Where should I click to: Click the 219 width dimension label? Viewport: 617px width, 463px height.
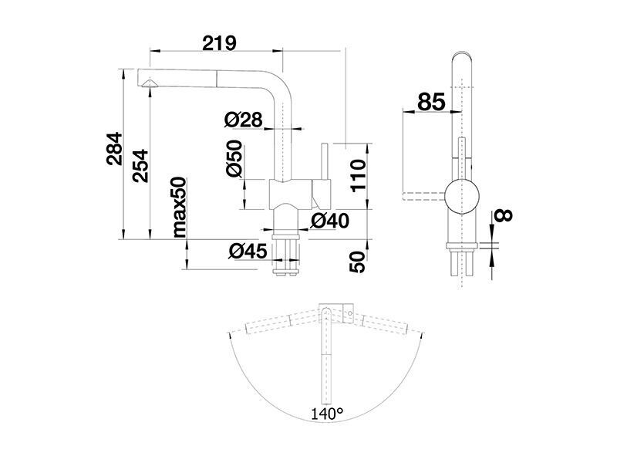pos(220,43)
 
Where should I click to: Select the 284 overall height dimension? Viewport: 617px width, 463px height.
pos(114,148)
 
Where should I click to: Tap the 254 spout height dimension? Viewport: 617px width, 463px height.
pos(140,165)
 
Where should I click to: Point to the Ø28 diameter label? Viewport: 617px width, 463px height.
pos(243,120)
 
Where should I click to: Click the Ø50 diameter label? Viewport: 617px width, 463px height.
pos(234,158)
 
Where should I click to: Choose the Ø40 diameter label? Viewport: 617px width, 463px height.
pos(330,221)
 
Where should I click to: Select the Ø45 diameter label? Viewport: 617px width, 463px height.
pos(248,252)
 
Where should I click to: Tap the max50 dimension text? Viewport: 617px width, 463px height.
pos(179,207)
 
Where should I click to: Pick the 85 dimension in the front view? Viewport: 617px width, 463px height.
pos(431,102)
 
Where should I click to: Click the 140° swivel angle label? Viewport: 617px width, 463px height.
pos(327,414)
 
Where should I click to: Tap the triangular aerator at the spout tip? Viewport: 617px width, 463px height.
pos(150,83)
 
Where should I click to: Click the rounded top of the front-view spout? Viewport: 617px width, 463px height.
pos(461,55)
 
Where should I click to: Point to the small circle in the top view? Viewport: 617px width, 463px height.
pos(349,314)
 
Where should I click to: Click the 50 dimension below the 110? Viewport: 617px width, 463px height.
pos(358,262)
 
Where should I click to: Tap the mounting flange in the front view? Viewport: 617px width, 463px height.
pos(461,246)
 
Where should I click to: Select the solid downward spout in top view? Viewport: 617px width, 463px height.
pos(326,357)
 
